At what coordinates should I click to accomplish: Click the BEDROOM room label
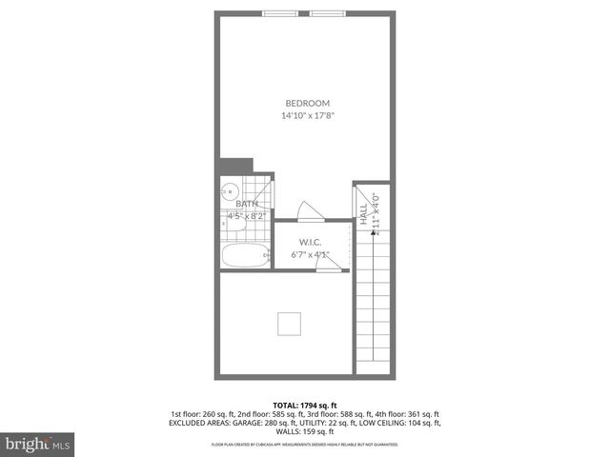coord(307,103)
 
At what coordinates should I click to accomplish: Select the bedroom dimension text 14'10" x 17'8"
coord(307,116)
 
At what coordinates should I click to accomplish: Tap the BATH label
coord(247,204)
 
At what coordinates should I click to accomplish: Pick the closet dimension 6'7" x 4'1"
coord(309,254)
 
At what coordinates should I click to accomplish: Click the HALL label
coord(363,217)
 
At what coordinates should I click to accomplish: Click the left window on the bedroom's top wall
coord(279,13)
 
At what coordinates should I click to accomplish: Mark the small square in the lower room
coord(290,324)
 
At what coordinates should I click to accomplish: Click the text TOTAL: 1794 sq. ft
coord(304,405)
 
